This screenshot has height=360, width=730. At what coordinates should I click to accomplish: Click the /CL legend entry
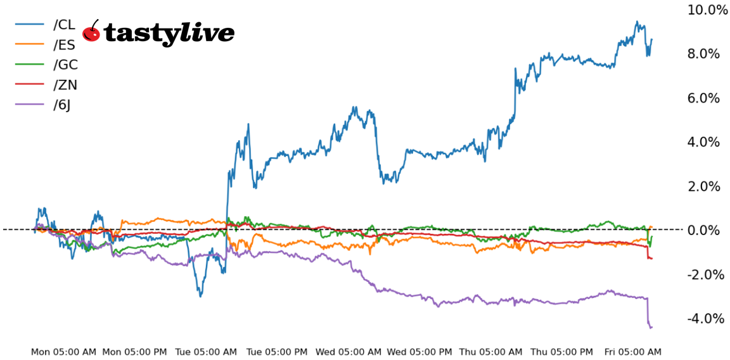click(x=64, y=25)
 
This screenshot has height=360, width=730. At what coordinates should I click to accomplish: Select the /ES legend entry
click(x=64, y=45)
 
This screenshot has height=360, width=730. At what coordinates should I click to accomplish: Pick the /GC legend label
click(x=65, y=65)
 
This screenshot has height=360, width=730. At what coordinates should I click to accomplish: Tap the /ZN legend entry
click(x=65, y=85)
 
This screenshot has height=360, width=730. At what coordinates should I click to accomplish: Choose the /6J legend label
click(x=62, y=105)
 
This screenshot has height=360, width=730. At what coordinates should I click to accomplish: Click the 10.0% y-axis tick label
click(x=707, y=10)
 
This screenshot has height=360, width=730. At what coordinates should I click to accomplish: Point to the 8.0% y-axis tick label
click(x=703, y=54)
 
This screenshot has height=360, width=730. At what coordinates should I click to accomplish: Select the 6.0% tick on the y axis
click(x=703, y=98)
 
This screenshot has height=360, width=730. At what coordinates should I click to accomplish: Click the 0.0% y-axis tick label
click(x=703, y=230)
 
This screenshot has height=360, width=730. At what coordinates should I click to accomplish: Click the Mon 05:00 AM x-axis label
click(x=63, y=352)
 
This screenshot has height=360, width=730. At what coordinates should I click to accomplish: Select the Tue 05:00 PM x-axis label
click(x=278, y=352)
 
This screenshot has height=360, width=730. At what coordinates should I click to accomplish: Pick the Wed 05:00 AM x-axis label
click(x=349, y=352)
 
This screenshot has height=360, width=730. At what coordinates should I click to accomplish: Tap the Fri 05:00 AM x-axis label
click(x=632, y=352)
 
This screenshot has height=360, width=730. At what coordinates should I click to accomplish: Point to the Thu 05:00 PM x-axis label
click(x=561, y=352)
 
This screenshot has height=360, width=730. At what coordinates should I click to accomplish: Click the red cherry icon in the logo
click(x=91, y=32)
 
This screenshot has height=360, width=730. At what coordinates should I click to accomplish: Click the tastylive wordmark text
click(x=169, y=33)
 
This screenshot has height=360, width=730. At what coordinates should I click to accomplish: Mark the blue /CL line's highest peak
click(x=637, y=22)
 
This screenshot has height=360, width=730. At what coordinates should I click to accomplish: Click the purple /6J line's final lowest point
click(x=650, y=327)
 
